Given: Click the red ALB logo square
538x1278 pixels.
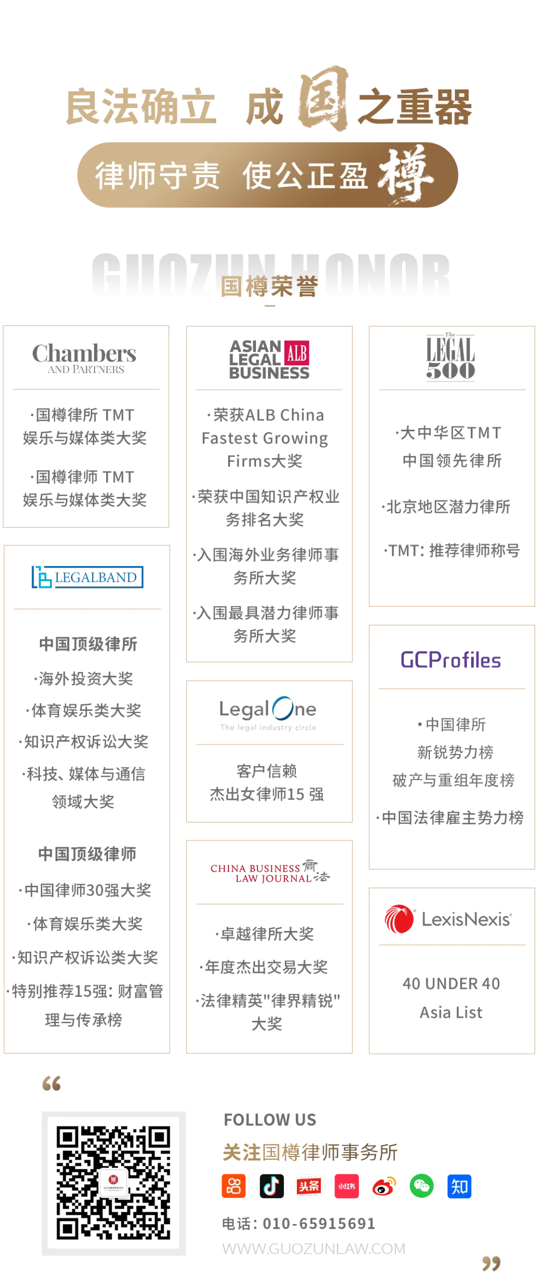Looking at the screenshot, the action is click(296, 353).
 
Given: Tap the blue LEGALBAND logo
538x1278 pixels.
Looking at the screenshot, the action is click(88, 577).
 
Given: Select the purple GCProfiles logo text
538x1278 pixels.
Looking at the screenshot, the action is click(450, 660).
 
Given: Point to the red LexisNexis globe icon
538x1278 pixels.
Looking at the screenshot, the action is click(399, 919).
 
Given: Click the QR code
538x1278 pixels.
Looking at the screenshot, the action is click(114, 1182).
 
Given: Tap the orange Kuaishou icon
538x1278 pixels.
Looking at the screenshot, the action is click(233, 1186).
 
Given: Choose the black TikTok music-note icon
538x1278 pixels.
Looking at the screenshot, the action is click(271, 1186).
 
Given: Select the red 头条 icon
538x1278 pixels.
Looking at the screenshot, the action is click(309, 1186).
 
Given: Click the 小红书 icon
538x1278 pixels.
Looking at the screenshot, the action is click(347, 1186).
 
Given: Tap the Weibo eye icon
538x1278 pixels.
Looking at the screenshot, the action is click(384, 1187).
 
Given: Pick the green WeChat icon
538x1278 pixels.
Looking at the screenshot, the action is click(421, 1186).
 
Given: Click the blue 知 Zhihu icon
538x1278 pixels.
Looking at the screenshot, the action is click(459, 1186).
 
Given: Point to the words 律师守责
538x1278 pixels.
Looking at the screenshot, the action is click(157, 175).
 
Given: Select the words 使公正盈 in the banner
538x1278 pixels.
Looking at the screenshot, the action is click(305, 175).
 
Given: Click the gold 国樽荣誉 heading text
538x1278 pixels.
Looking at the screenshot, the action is click(269, 286).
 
